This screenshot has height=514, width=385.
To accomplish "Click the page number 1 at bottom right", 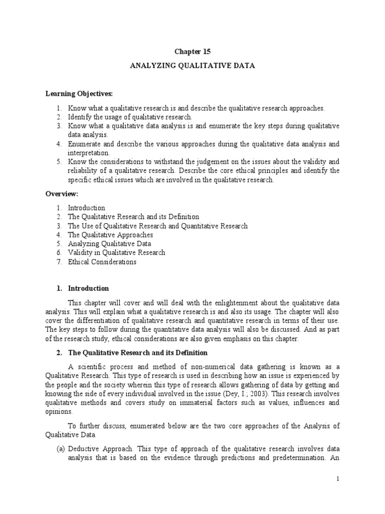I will click(x=338, y=479).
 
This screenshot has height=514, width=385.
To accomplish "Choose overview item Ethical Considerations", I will click(x=102, y=262).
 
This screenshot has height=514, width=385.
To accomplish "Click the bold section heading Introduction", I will click(x=88, y=288).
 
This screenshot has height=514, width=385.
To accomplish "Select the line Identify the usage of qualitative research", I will click(x=130, y=117).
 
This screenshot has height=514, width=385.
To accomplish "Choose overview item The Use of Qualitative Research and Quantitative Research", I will click(x=157, y=225).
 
